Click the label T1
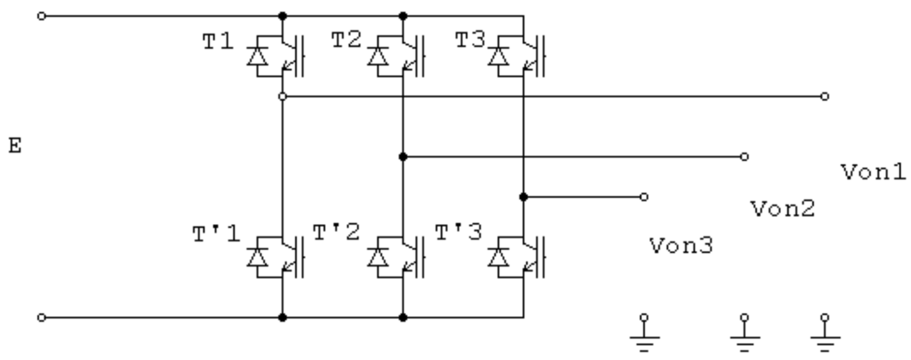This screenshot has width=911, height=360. point(218,42)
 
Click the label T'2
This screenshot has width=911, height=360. point(337,233)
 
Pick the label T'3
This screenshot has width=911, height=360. point(458,233)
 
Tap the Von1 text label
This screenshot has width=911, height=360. point(873,173)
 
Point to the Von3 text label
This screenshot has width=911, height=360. point(681,246)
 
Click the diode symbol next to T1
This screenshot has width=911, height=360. point(257,57)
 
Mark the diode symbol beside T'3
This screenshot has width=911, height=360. point(498,257)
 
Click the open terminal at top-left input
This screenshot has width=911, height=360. point(41,16)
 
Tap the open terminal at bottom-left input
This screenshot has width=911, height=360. point(41,318)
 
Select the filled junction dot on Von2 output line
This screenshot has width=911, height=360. point(403,157)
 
